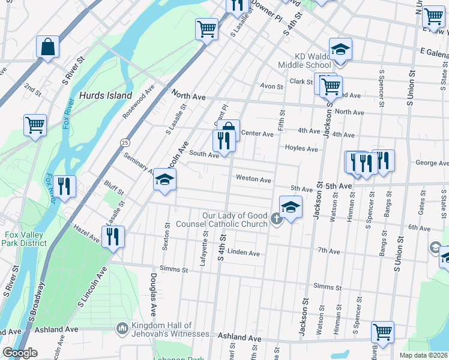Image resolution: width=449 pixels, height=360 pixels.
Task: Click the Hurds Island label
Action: point(106,95)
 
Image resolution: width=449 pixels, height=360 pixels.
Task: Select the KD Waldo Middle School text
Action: point(304,60)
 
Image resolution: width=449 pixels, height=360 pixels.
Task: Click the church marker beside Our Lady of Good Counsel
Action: point(276,218)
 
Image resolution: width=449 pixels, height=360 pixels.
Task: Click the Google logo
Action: point(20,353)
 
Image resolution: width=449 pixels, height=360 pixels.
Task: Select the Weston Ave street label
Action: point(253,179)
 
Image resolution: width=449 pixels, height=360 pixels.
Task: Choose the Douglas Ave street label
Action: point(154,295)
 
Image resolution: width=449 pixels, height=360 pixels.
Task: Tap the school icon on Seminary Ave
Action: point(164,179)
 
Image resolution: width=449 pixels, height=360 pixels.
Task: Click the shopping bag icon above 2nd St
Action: point(47,46)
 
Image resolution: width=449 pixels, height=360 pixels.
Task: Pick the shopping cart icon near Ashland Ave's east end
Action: point(382,331)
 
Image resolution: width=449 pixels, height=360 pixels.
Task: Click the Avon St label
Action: point(271,86)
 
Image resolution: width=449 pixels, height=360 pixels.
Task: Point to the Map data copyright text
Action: point(423,355)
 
